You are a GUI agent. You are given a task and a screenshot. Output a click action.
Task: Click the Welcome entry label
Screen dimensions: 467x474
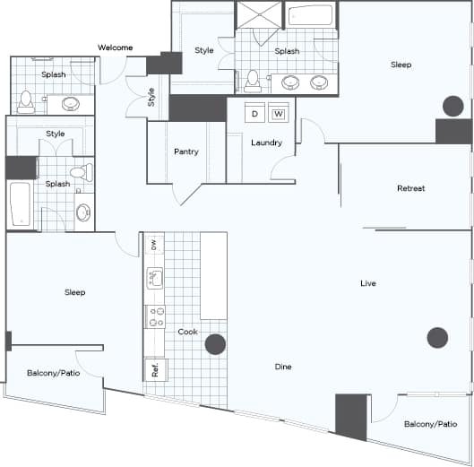pos(116,48)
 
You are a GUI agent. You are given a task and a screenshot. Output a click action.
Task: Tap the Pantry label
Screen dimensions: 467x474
pos(185,151)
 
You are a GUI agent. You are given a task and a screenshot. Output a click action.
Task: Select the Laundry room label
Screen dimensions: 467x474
pos(266,143)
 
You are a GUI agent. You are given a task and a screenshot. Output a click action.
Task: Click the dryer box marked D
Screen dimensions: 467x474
pos(254,114)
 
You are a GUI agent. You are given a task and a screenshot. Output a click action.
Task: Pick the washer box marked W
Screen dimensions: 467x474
pos(278,114)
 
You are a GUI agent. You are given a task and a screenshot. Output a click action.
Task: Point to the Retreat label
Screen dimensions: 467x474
pos(410,188)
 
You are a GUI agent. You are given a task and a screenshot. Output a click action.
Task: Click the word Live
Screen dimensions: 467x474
pos(367,283)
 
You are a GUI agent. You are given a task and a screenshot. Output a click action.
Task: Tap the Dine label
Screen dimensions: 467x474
pos(283,367)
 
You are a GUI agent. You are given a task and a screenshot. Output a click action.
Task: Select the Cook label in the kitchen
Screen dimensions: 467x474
pos(187,332)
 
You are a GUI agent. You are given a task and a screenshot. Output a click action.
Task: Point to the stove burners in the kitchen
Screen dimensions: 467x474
pos(156,316)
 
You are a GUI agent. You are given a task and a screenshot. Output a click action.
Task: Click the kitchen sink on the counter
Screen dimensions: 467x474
pos(154,278)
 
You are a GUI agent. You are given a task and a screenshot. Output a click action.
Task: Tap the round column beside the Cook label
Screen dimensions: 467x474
pos(215,344)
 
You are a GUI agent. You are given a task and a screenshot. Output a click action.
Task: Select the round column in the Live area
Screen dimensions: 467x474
pos(436,337)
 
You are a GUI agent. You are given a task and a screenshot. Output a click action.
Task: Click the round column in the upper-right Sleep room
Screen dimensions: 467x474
pos(451,107)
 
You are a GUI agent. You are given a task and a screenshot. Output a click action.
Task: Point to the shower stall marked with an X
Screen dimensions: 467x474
pos(259,17)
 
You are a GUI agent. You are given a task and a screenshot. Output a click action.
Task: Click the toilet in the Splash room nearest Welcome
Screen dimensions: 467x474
pos(26,100)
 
